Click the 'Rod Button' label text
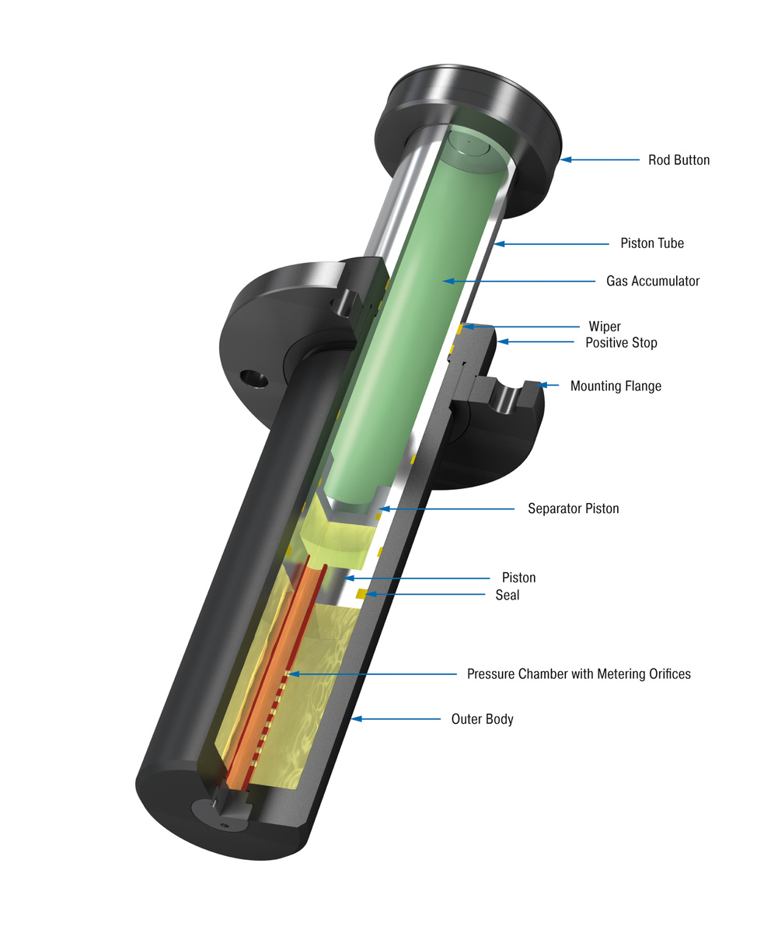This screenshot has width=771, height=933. [679, 160]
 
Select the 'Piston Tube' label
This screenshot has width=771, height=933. [651, 243]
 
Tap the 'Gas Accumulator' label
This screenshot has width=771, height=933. [652, 281]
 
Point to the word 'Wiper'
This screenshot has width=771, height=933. [604, 327]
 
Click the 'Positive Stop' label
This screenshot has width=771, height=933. [621, 343]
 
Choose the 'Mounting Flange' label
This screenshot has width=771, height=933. [616, 386]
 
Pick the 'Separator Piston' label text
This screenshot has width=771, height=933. [573, 508]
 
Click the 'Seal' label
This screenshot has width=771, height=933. [508, 596]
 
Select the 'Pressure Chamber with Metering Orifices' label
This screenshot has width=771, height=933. [578, 673]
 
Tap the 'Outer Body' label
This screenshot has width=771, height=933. [482, 719]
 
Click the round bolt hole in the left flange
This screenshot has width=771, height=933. [253, 379]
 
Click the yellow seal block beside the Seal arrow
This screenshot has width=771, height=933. [361, 595]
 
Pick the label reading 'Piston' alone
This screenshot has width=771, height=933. [518, 578]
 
